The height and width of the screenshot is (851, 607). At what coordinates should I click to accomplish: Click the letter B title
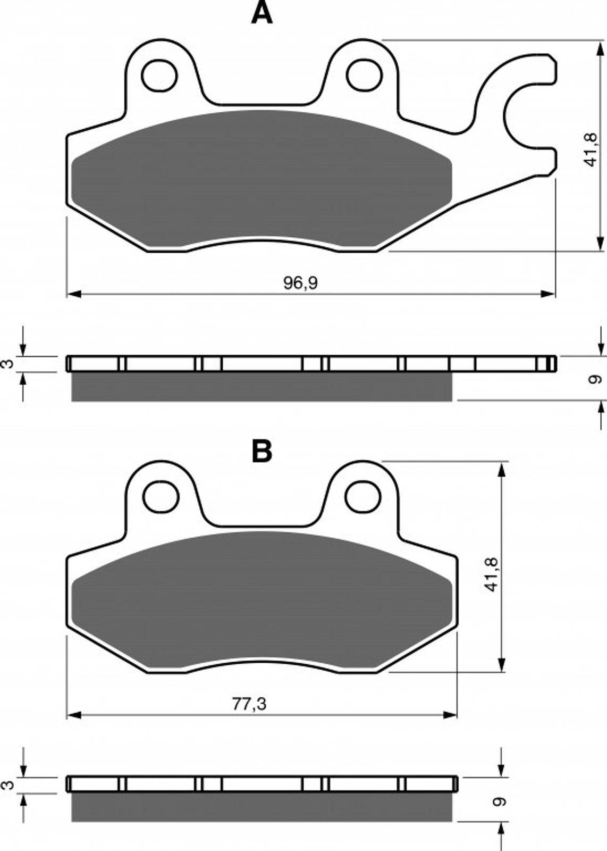pyautogui.click(x=262, y=451)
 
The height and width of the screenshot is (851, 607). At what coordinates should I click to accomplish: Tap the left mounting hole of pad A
pyautogui.click(x=159, y=75)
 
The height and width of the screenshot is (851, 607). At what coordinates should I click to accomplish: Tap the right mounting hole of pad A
pyautogui.click(x=364, y=75)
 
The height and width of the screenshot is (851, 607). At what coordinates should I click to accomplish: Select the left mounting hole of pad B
pyautogui.click(x=161, y=497)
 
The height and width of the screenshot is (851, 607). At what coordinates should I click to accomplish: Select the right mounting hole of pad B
pyautogui.click(x=363, y=497)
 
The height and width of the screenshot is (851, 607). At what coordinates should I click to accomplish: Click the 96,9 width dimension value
pyautogui.click(x=301, y=283)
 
